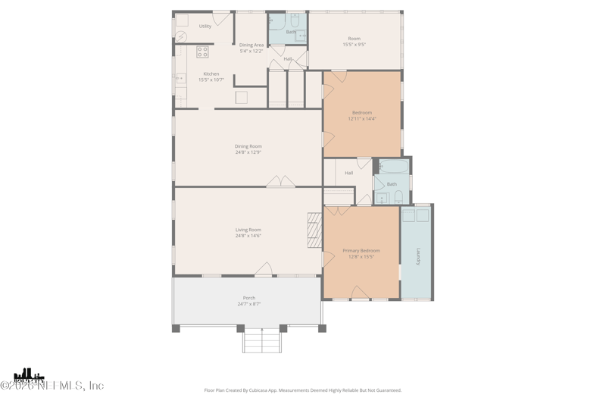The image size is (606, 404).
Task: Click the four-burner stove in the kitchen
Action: pos(202,52)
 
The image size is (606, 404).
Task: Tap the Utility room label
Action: pos(205,27)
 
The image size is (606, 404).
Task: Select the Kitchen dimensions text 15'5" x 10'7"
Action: pos(211,80)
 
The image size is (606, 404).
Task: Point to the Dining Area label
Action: pos(251,45)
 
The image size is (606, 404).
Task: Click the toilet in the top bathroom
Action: pos(295,20)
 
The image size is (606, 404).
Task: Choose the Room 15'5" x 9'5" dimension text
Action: pos(355,45)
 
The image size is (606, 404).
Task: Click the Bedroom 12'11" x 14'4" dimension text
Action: pos(362,119)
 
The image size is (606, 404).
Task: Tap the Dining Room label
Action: pos(248,146)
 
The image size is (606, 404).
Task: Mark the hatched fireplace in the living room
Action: pos(314,230)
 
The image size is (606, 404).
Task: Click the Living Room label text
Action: pos(248,230)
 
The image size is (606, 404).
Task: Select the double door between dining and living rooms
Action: pos(280,182)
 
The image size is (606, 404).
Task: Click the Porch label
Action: pos(248,298)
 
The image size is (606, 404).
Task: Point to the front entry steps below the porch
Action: pos(262,340)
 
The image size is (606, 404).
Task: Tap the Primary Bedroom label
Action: pos(361,250)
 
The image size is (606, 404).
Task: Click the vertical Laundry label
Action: pos(417,255)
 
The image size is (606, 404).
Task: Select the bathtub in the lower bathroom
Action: pos(394,167)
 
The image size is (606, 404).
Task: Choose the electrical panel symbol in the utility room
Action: pos(182,36)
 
